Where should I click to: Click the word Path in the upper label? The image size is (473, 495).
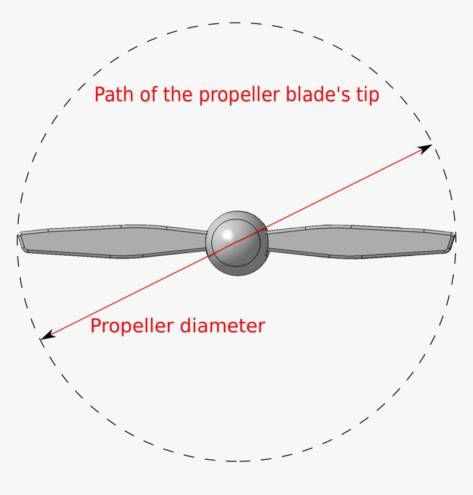[x=114, y=94]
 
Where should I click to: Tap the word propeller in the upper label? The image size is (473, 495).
[x=240, y=96]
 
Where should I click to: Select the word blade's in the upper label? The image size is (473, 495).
[x=318, y=94]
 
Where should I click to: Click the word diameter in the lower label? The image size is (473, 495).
[x=223, y=326]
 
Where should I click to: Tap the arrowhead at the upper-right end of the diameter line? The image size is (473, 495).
[x=425, y=148]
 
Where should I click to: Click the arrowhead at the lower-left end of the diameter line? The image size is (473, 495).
[x=48, y=335]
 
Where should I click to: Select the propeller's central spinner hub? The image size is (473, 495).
[x=237, y=243]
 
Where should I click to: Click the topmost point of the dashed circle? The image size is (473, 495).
[x=236, y=23]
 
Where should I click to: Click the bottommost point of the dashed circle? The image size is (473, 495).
[x=236, y=461]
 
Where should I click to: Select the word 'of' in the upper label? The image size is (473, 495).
[x=149, y=94]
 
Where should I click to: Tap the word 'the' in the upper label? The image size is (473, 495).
[x=178, y=94]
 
